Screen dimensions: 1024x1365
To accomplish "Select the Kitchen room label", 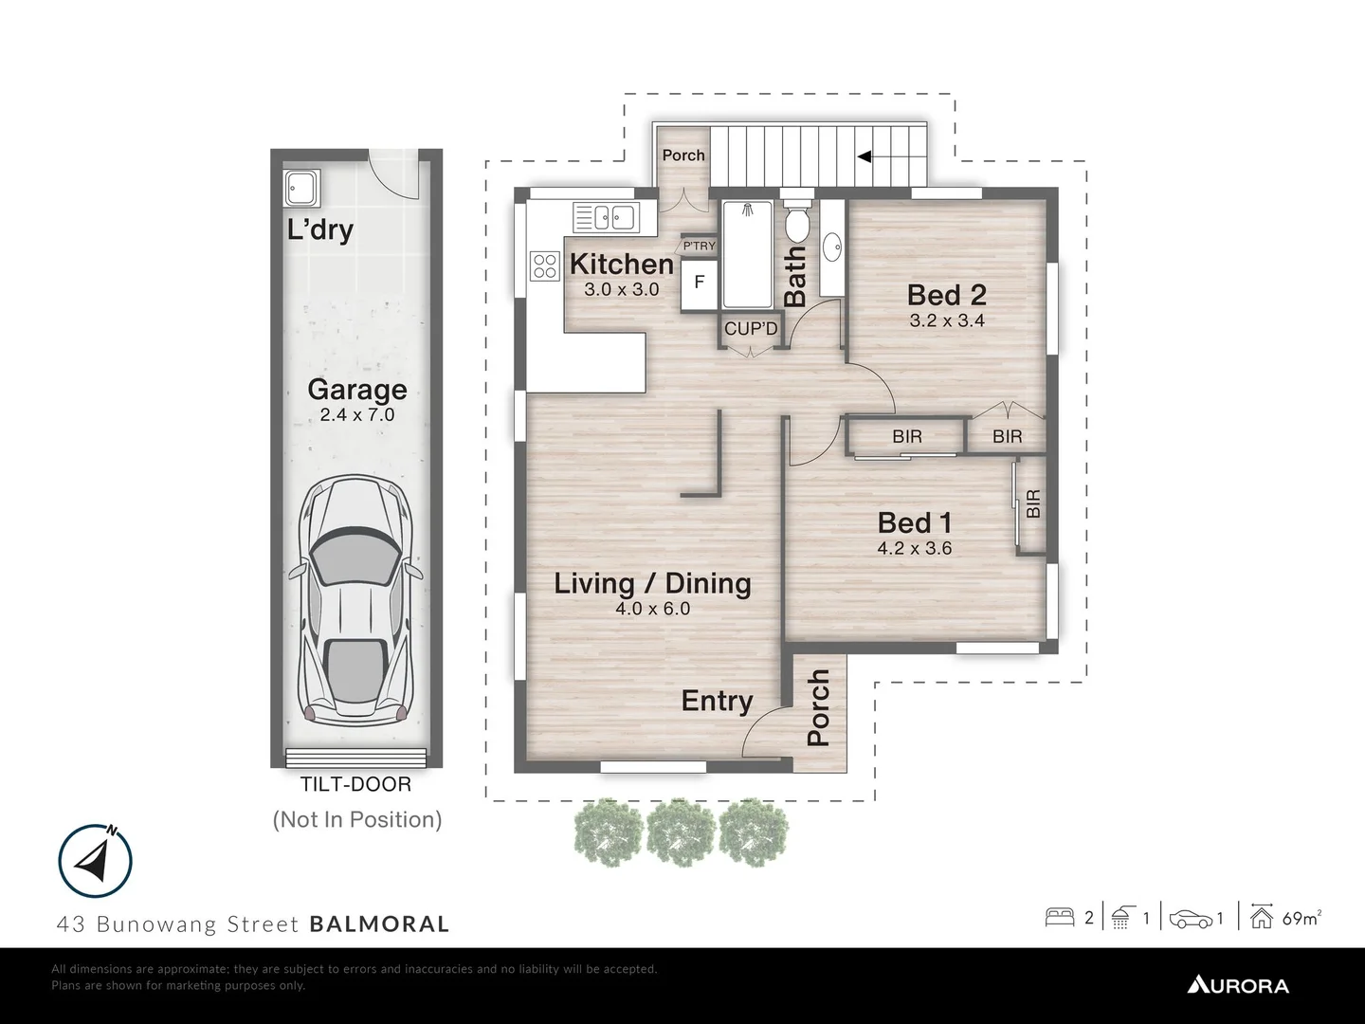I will pyautogui.click(x=621, y=264).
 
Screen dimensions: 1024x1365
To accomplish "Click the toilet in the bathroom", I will pyautogui.click(x=796, y=224).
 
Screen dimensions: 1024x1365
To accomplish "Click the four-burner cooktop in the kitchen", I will pyautogui.click(x=545, y=265).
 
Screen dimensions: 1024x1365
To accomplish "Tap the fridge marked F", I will pyautogui.click(x=700, y=282).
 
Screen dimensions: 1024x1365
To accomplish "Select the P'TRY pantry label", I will pyautogui.click(x=700, y=247).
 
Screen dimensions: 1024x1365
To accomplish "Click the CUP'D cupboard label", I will pyautogui.click(x=751, y=329).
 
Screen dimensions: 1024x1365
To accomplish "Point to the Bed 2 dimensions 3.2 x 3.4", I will pyautogui.click(x=947, y=320).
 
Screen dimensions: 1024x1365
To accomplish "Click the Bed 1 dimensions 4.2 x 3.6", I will pyautogui.click(x=914, y=548).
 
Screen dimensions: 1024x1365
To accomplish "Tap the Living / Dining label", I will pyautogui.click(x=652, y=583).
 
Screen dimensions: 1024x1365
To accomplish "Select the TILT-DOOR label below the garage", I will pyautogui.click(x=355, y=785).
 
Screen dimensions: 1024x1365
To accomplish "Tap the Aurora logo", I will pyautogui.click(x=1238, y=985).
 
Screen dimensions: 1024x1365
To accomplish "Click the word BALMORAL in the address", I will pyautogui.click(x=379, y=923).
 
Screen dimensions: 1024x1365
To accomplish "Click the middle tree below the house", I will pyautogui.click(x=681, y=832).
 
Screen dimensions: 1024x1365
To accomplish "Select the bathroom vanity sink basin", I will pyautogui.click(x=832, y=248).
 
